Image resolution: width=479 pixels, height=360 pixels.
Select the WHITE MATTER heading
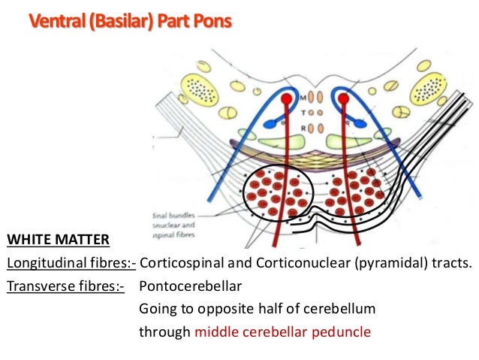(58, 241)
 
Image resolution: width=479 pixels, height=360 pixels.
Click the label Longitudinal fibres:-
(71, 264)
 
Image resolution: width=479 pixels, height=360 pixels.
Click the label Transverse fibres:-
(65, 286)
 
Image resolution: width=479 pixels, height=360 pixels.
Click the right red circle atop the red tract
(344, 99)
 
